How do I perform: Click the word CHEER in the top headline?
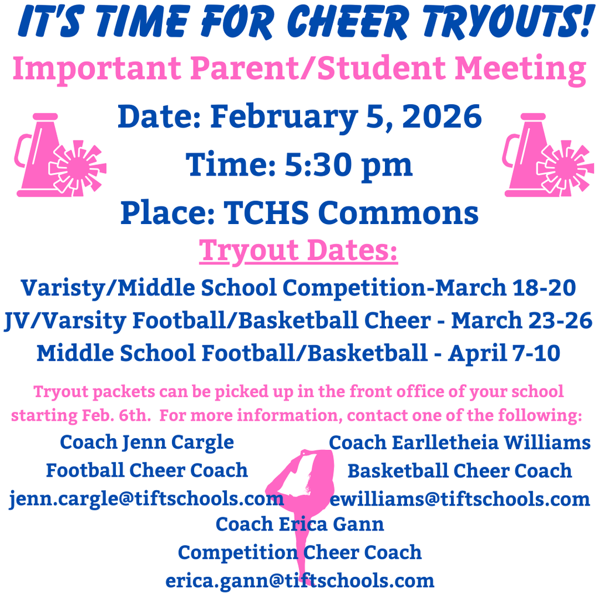click(x=352, y=23)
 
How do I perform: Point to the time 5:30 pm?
click(x=349, y=164)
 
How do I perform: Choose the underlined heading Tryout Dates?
click(x=298, y=250)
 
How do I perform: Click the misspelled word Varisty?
click(x=64, y=288)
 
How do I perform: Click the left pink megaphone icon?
click(x=58, y=155)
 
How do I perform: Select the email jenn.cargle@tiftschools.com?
click(x=146, y=499)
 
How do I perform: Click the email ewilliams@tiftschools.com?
click(x=460, y=499)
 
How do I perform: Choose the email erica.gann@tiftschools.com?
click(x=299, y=580)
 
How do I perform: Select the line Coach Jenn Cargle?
click(x=147, y=442)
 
